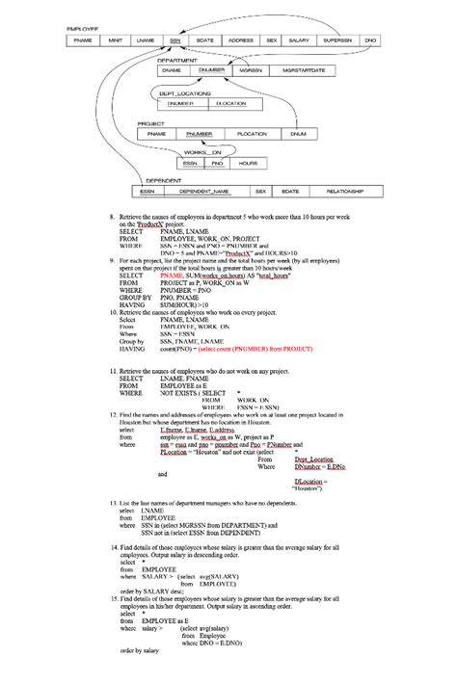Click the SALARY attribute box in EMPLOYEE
(x=299, y=41)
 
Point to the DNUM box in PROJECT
(x=298, y=134)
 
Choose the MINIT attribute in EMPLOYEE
(x=115, y=41)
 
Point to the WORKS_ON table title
(x=202, y=153)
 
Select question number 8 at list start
(x=112, y=219)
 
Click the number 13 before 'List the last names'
(x=113, y=504)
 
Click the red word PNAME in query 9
(x=171, y=275)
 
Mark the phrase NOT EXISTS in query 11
(x=179, y=392)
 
